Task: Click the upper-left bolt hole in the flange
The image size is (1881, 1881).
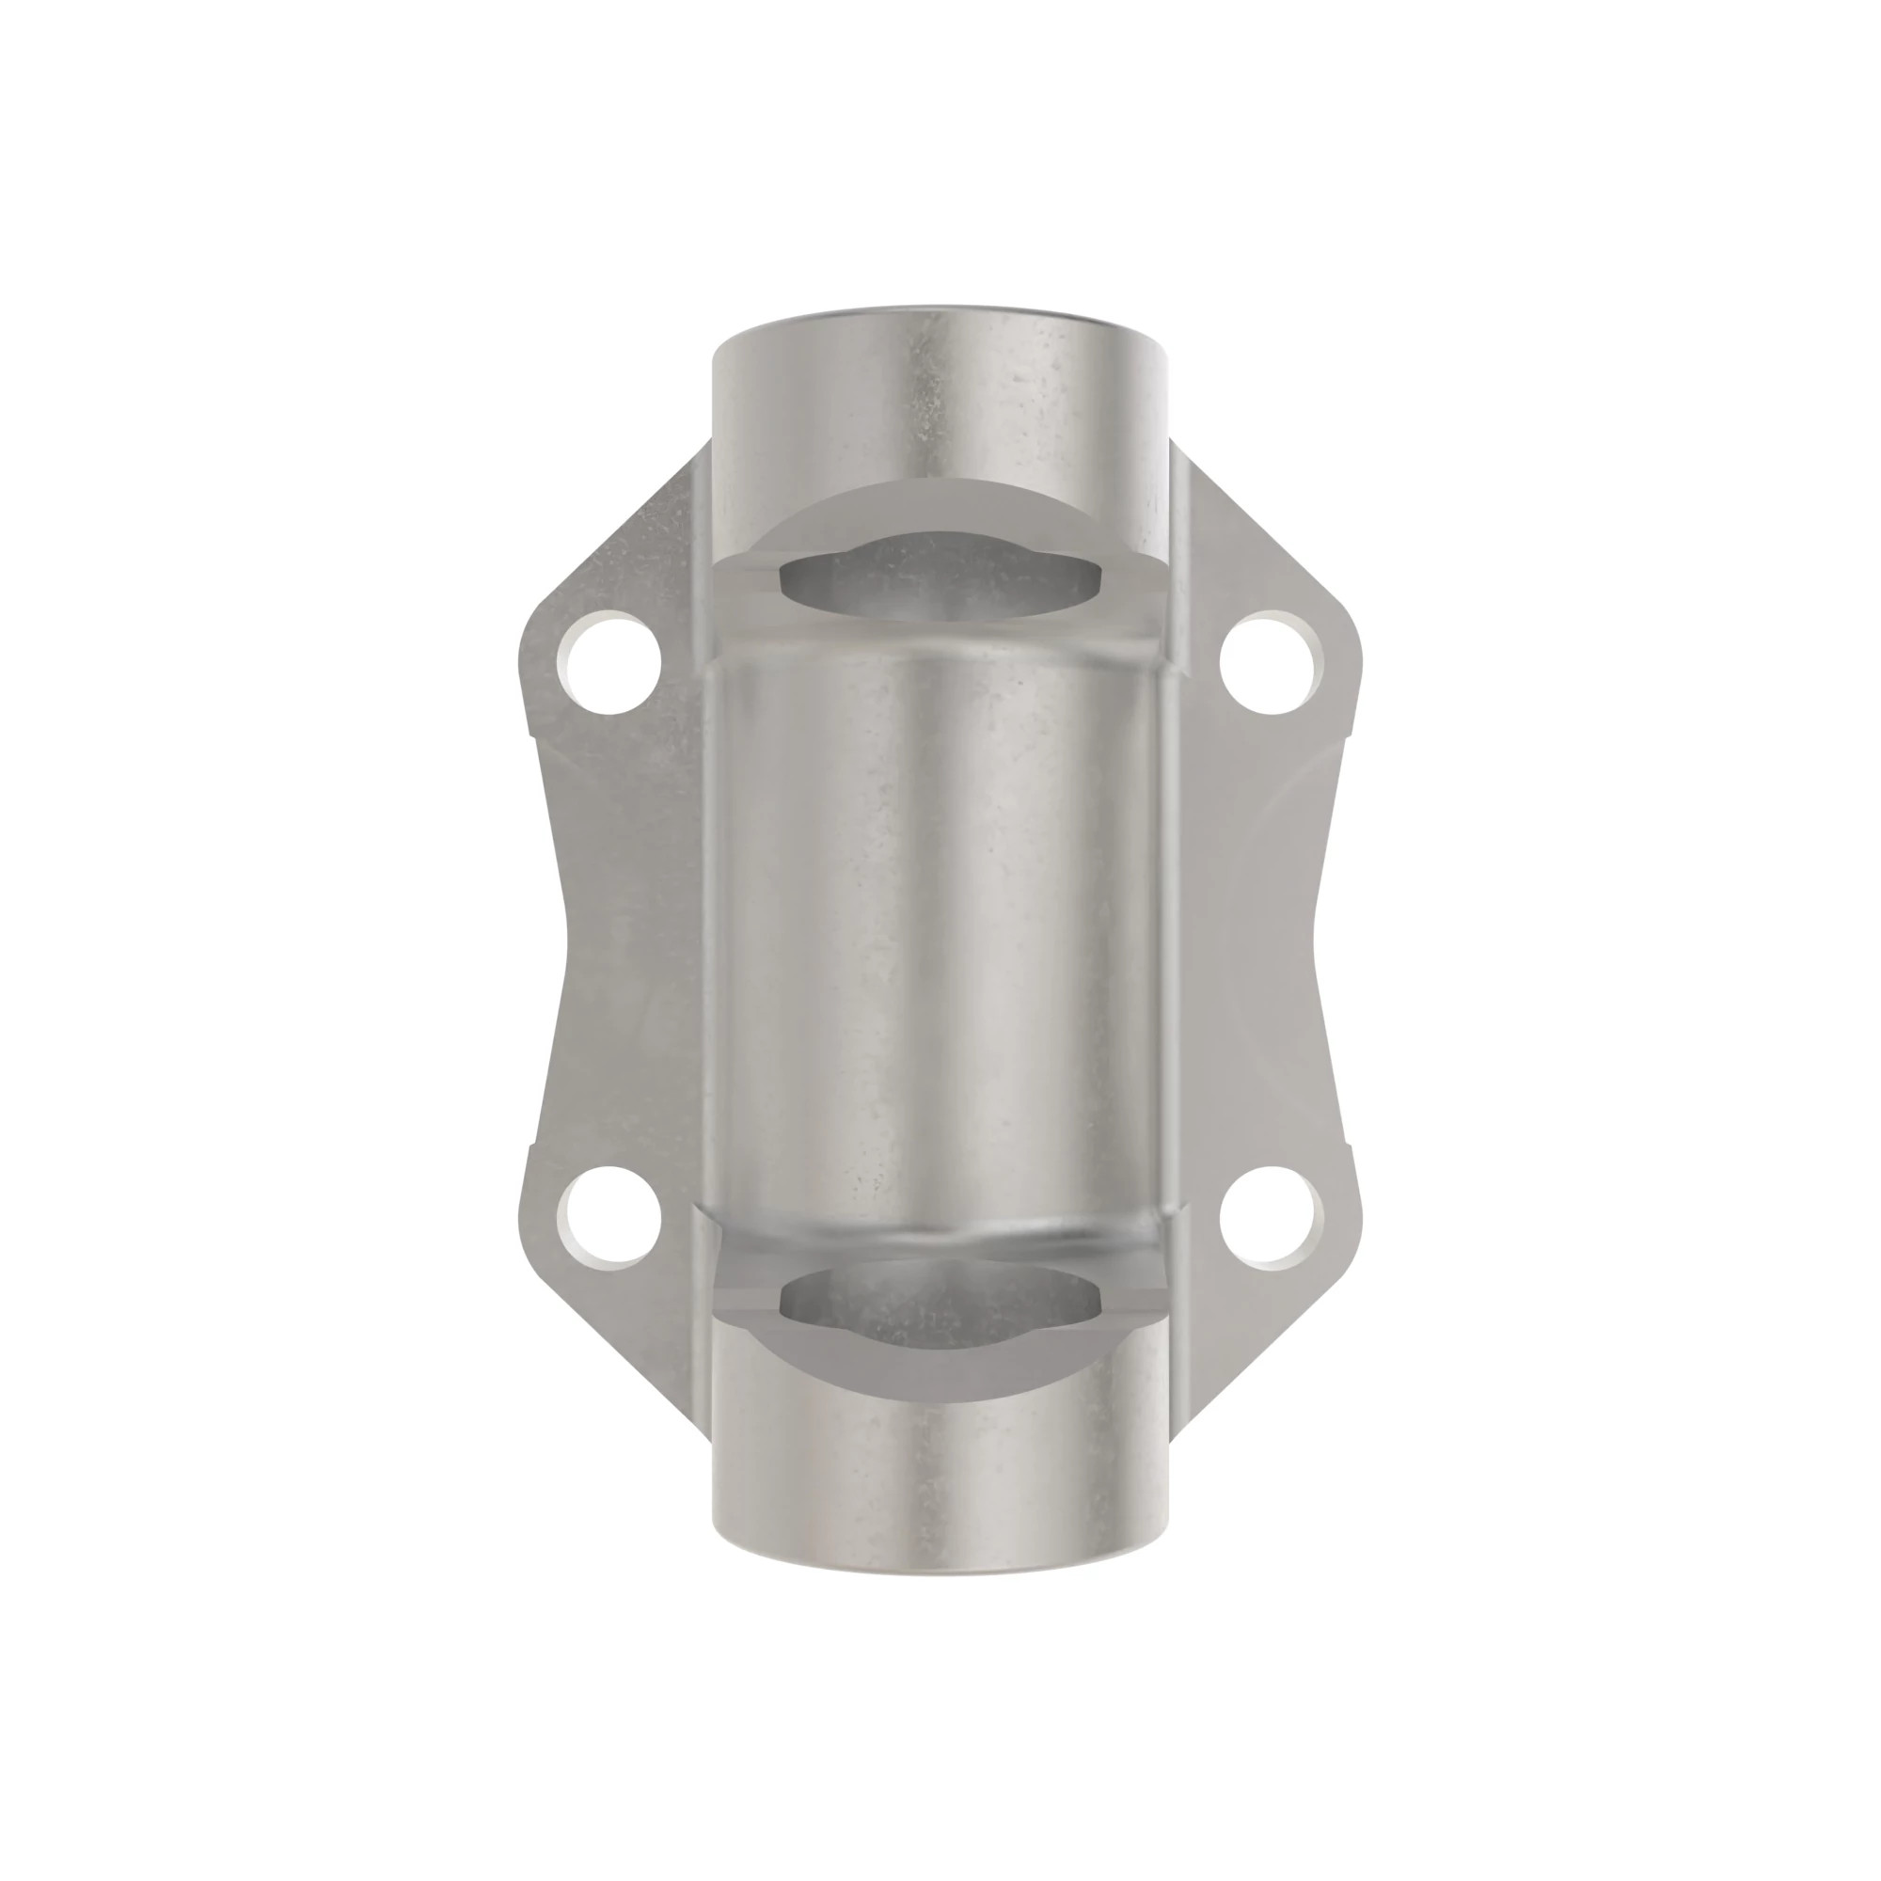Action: [x=609, y=662]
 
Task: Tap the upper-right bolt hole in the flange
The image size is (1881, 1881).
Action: [x=1272, y=662]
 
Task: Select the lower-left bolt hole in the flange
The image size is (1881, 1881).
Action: [x=609, y=1217]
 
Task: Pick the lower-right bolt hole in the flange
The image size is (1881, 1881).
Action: [x=1272, y=1217]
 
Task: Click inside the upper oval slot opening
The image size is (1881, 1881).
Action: [x=940, y=578]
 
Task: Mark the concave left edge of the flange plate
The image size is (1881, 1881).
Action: [x=564, y=940]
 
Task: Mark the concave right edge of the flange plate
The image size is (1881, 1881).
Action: [x=1317, y=940]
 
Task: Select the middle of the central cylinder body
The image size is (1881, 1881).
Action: [x=940, y=940]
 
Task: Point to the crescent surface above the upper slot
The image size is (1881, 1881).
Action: [x=940, y=506]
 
